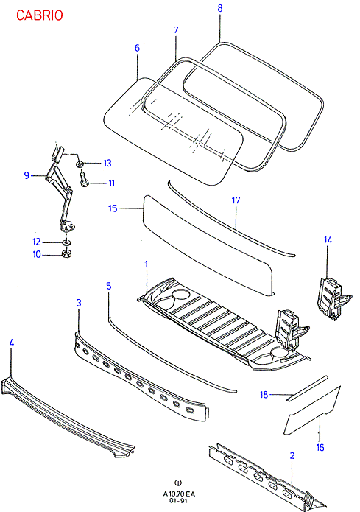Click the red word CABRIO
click(x=39, y=15)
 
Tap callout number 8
click(x=220, y=8)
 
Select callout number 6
click(x=137, y=48)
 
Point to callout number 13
click(x=107, y=163)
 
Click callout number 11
click(x=112, y=183)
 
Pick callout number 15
click(x=113, y=208)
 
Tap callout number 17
click(x=236, y=200)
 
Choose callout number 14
click(x=328, y=240)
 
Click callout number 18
click(x=264, y=395)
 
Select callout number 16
click(x=320, y=447)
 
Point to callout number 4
click(x=12, y=343)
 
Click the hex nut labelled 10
click(x=67, y=253)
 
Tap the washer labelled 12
click(x=66, y=242)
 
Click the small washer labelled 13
click(x=80, y=163)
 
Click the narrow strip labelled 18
click(x=307, y=389)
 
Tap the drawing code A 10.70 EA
click(x=179, y=494)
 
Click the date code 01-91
click(x=179, y=500)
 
